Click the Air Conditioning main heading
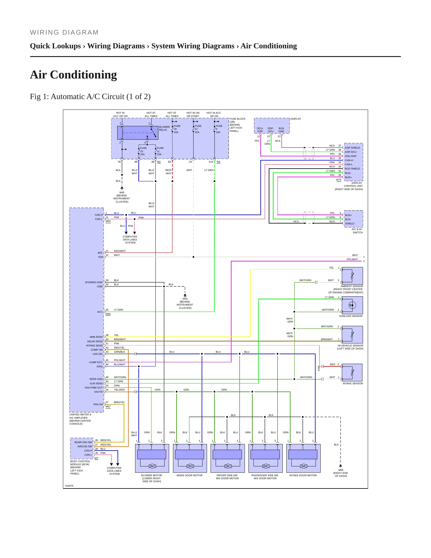coord(73,75)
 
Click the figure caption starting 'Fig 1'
coord(90,96)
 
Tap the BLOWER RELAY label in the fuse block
coord(164,128)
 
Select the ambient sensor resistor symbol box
coord(352,276)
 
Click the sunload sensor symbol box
coord(352,305)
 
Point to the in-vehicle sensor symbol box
coord(352,335)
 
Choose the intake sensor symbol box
coord(352,372)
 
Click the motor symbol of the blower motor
coord(152,466)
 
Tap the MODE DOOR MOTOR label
coord(189,475)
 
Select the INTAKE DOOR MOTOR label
coord(303,475)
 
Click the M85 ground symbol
coord(341,466)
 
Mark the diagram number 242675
coord(69,486)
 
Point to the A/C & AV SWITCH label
coord(357,231)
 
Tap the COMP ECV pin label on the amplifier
coord(96,362)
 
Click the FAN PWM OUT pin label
coord(94,388)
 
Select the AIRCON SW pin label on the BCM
coord(85,446)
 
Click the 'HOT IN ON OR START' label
coord(193,115)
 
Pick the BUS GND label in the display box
coord(281,130)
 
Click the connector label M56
coord(108,314)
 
